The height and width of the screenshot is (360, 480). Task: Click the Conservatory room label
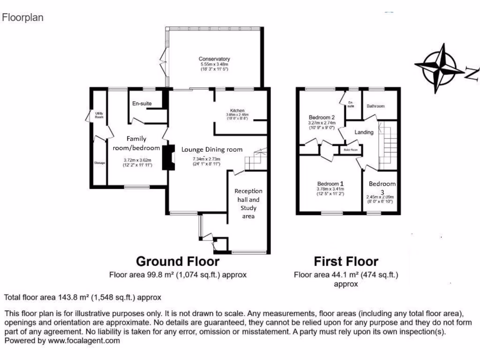click(x=214, y=59)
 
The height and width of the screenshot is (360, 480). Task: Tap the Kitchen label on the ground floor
click(x=237, y=110)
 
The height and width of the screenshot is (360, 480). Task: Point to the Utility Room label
click(x=99, y=114)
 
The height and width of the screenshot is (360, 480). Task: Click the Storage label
click(x=99, y=163)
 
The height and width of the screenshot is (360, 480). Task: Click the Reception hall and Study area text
click(x=248, y=203)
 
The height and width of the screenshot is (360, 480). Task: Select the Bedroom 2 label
click(x=322, y=117)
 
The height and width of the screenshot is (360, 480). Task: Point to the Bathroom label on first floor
click(x=375, y=106)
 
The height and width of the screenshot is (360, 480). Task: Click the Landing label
click(x=364, y=132)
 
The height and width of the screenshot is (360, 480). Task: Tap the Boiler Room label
click(x=351, y=150)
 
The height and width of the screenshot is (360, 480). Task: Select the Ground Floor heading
click(x=177, y=261)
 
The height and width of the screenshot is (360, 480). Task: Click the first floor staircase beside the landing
click(x=387, y=145)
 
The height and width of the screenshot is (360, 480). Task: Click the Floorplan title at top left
click(x=23, y=18)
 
